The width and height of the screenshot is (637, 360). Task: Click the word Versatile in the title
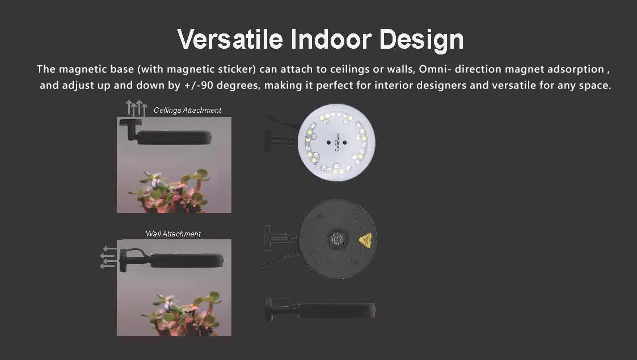230,39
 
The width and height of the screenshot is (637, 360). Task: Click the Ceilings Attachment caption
187,110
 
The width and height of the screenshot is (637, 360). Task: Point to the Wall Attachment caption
173,234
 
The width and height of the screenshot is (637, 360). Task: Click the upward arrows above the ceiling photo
136,108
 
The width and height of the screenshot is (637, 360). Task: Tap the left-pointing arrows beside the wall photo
108,257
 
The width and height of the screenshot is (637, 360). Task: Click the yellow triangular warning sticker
366,240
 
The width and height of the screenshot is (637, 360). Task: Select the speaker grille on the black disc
338,238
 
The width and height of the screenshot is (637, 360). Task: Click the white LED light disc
336,142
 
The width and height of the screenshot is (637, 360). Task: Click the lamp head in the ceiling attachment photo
175,138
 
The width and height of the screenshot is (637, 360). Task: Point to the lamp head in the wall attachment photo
187,261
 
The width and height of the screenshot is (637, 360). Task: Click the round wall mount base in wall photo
123,260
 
